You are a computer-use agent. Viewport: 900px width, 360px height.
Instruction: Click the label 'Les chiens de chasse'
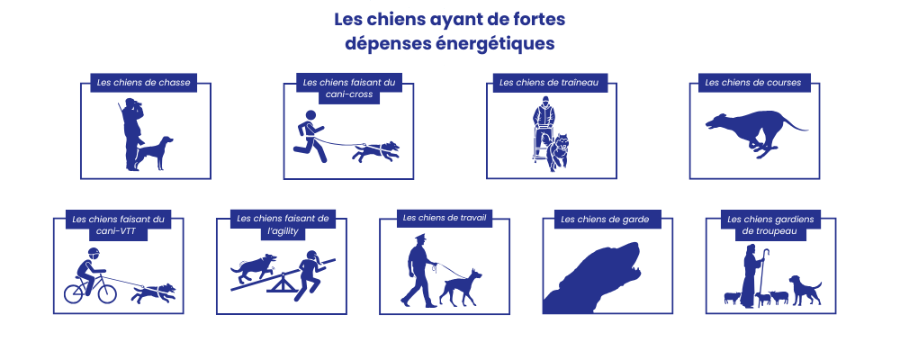(x=144, y=83)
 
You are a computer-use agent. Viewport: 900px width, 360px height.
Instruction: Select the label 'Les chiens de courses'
(x=753, y=83)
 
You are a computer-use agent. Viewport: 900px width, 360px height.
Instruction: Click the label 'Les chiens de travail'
(x=445, y=217)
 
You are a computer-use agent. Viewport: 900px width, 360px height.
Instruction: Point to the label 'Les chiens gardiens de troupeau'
(x=763, y=224)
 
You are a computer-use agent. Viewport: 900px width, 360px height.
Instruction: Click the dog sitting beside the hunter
(x=156, y=152)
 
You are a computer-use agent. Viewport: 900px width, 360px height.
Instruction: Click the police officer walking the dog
(x=418, y=270)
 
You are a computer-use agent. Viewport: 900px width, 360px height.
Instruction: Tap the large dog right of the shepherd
(x=805, y=289)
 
